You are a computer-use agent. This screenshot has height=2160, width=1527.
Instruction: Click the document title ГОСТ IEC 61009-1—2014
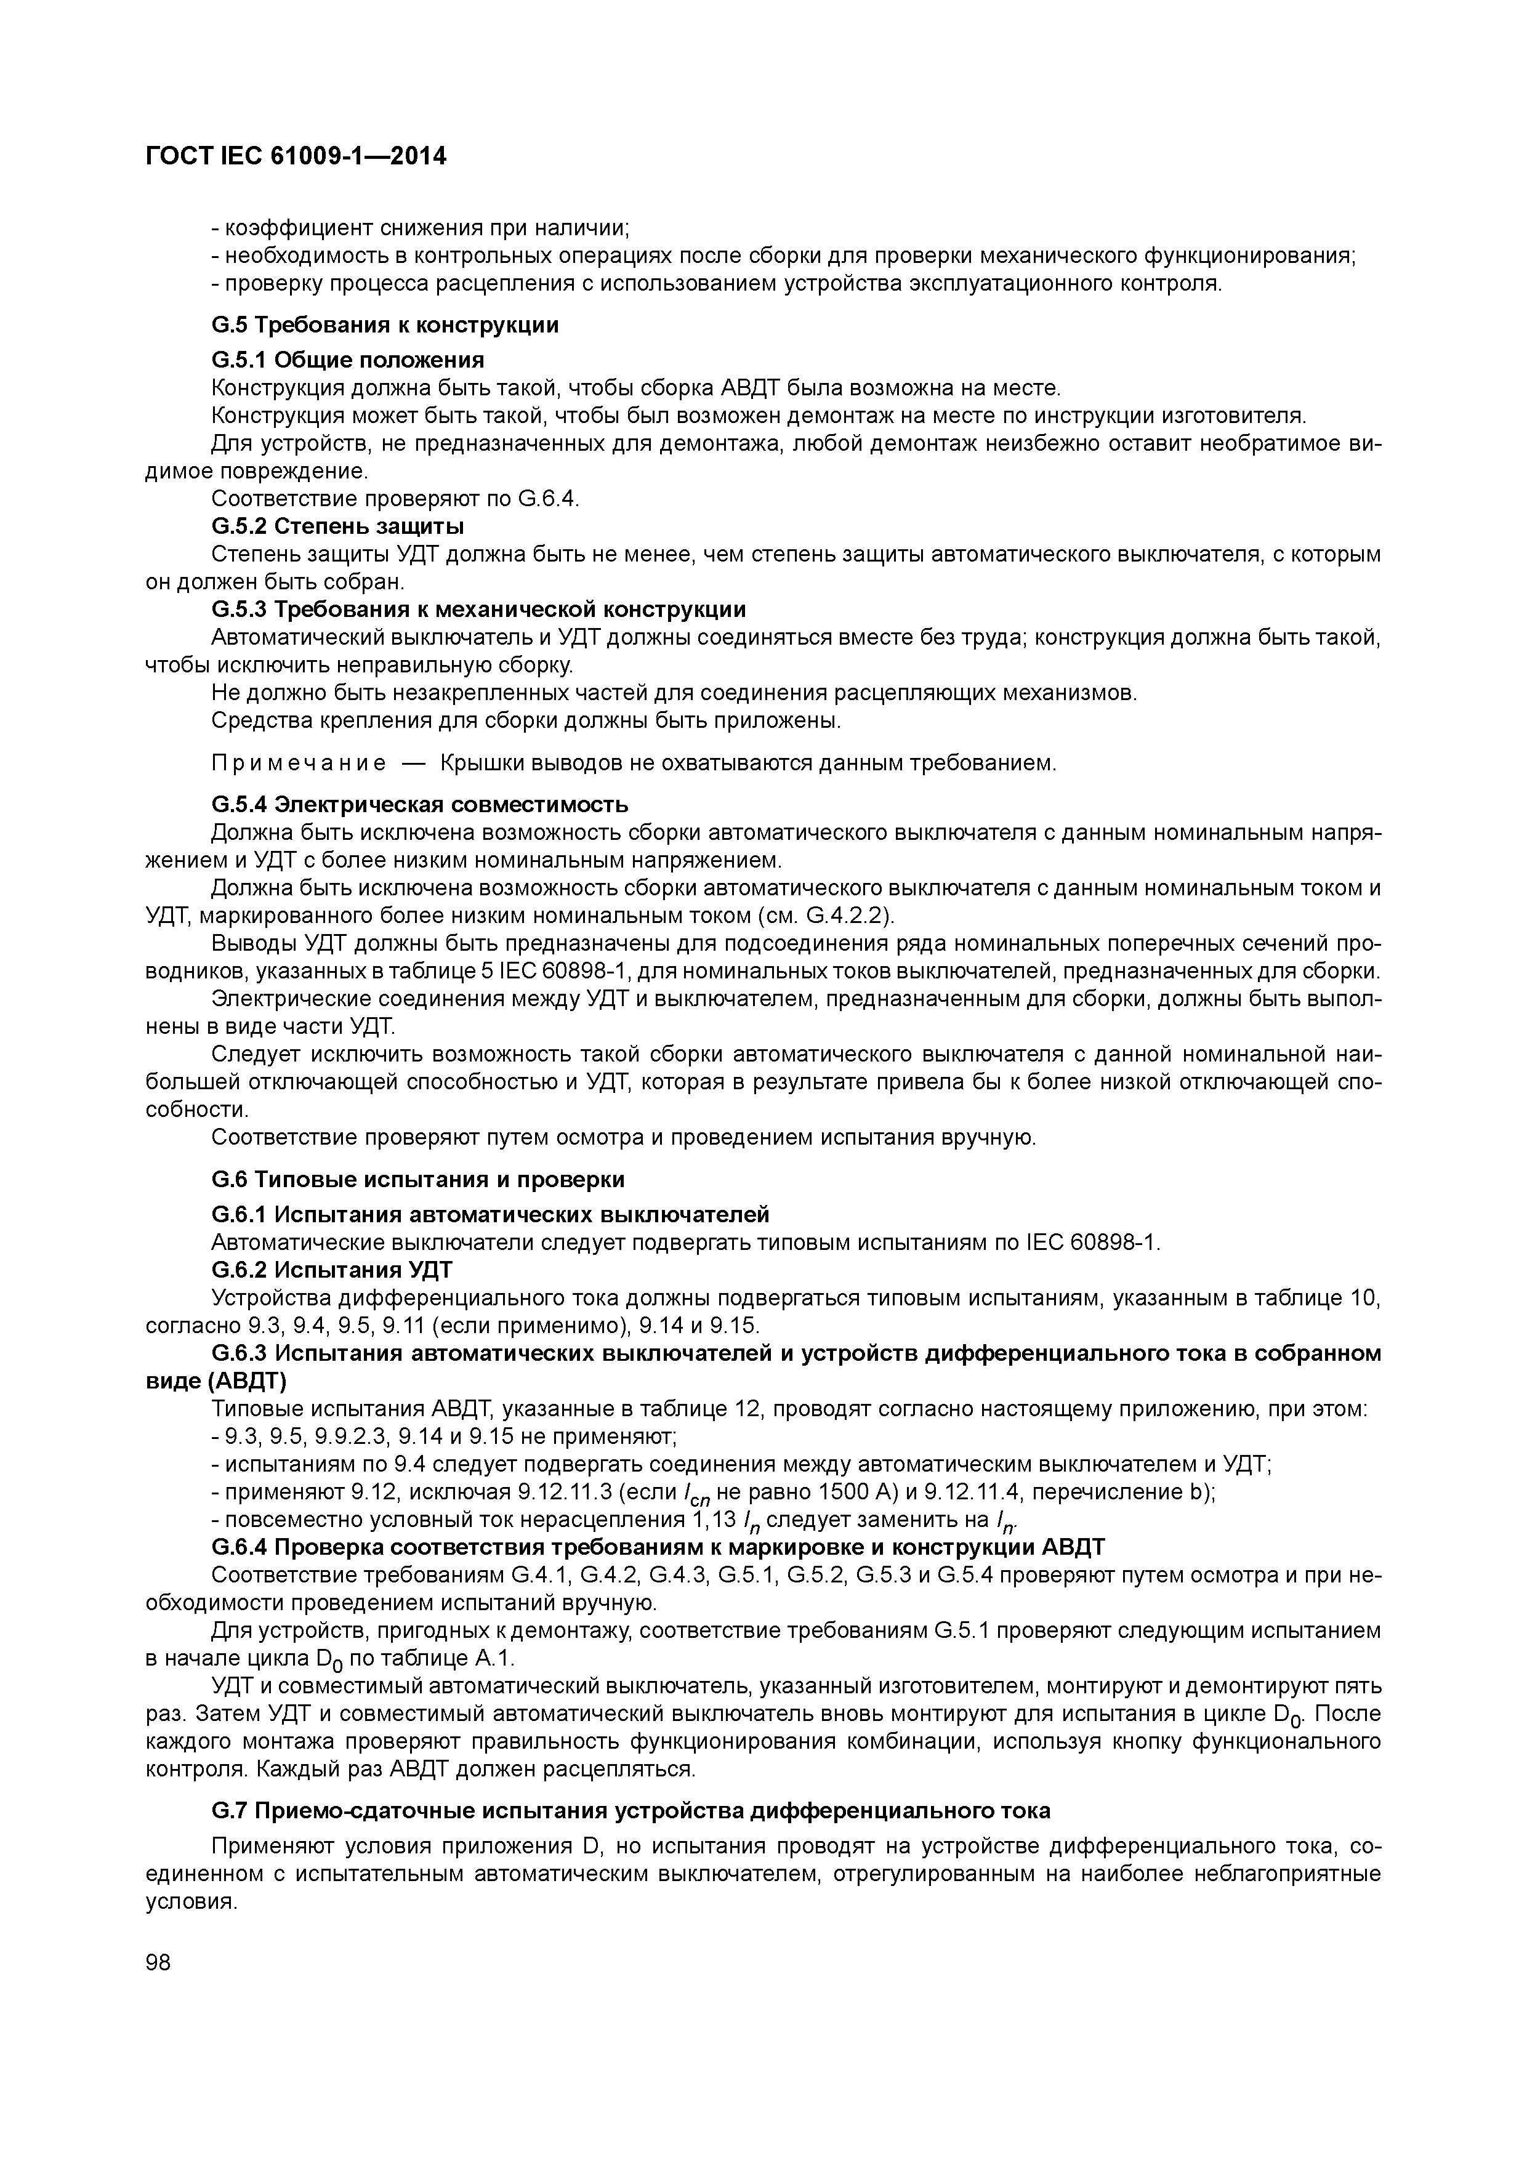pyautogui.click(x=296, y=156)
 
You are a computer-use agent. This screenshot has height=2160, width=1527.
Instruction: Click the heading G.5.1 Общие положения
pyautogui.click(x=348, y=360)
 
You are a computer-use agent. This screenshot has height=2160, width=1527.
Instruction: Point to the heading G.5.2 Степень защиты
pyautogui.click(x=338, y=525)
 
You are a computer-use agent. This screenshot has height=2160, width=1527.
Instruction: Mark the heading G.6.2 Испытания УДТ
pyautogui.click(x=332, y=1270)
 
